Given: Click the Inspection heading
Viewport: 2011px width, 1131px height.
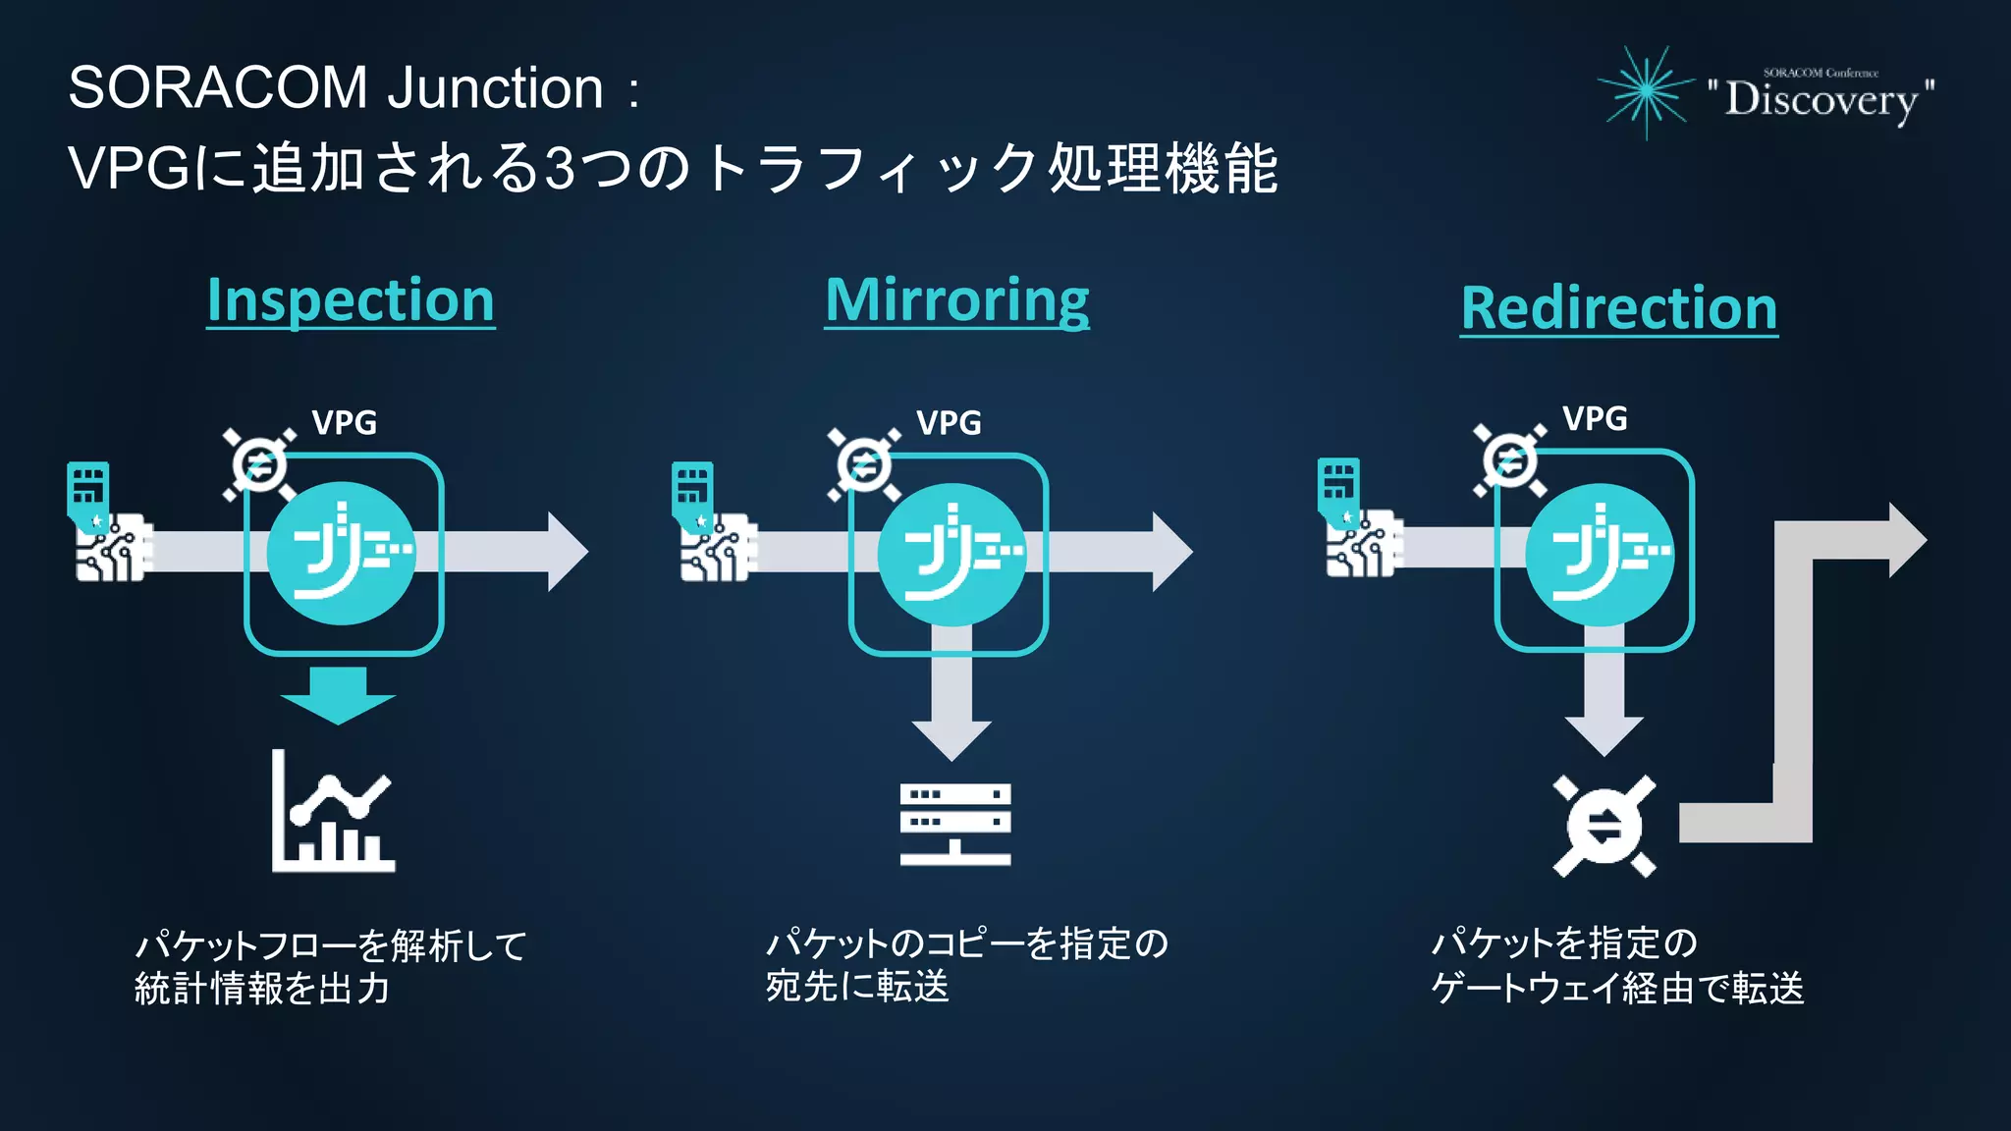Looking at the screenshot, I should click(351, 300).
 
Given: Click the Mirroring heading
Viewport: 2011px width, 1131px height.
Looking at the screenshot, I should click(956, 300).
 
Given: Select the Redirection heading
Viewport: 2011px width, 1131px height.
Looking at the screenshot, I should click(1618, 308).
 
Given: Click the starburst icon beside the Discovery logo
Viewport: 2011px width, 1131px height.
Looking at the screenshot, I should click(1647, 91).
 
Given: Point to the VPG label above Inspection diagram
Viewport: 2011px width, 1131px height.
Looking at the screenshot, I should click(344, 422).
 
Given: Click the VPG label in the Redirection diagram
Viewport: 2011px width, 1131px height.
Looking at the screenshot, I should click(1595, 418).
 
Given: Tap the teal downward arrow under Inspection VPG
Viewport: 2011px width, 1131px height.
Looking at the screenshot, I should click(338, 695).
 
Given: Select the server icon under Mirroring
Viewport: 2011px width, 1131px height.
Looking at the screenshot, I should click(954, 824).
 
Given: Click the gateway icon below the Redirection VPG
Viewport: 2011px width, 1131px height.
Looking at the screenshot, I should click(1603, 826).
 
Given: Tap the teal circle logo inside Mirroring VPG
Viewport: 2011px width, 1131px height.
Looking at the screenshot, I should click(951, 554).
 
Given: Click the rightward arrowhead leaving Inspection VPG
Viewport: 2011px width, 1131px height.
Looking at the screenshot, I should click(567, 552).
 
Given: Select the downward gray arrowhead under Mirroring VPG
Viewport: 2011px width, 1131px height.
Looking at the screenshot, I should click(951, 738).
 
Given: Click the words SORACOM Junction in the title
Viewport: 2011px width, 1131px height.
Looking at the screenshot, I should click(336, 88).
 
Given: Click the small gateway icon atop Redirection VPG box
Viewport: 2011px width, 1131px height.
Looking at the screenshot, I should click(1509, 460).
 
